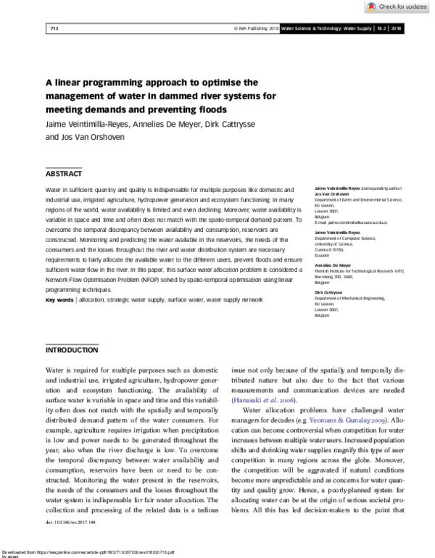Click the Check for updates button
pos(401,7)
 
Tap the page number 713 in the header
pos(53,28)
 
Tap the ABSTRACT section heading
pos(64,174)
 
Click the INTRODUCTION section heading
pos(72,350)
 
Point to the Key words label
pos(59,299)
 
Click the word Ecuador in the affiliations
pos(323,254)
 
